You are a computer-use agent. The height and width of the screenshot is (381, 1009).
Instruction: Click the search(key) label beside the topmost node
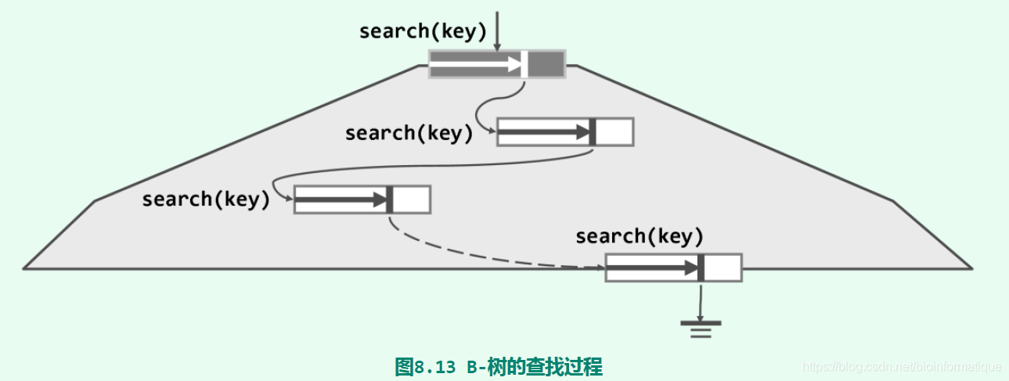coord(423,31)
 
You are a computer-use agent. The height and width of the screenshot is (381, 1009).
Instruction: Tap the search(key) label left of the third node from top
coord(205,199)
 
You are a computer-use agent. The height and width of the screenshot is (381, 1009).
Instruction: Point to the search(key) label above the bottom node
coord(639,235)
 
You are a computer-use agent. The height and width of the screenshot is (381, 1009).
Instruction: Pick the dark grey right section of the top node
coord(546,63)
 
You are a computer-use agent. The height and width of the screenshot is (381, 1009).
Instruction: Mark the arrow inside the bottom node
coord(651,268)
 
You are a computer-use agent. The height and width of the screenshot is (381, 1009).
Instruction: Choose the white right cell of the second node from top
coord(614,132)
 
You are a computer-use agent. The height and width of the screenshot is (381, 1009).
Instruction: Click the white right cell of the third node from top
coord(411,199)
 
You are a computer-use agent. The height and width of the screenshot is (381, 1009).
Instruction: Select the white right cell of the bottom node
coord(723,268)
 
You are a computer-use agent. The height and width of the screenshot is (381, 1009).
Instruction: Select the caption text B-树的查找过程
coord(535,366)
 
